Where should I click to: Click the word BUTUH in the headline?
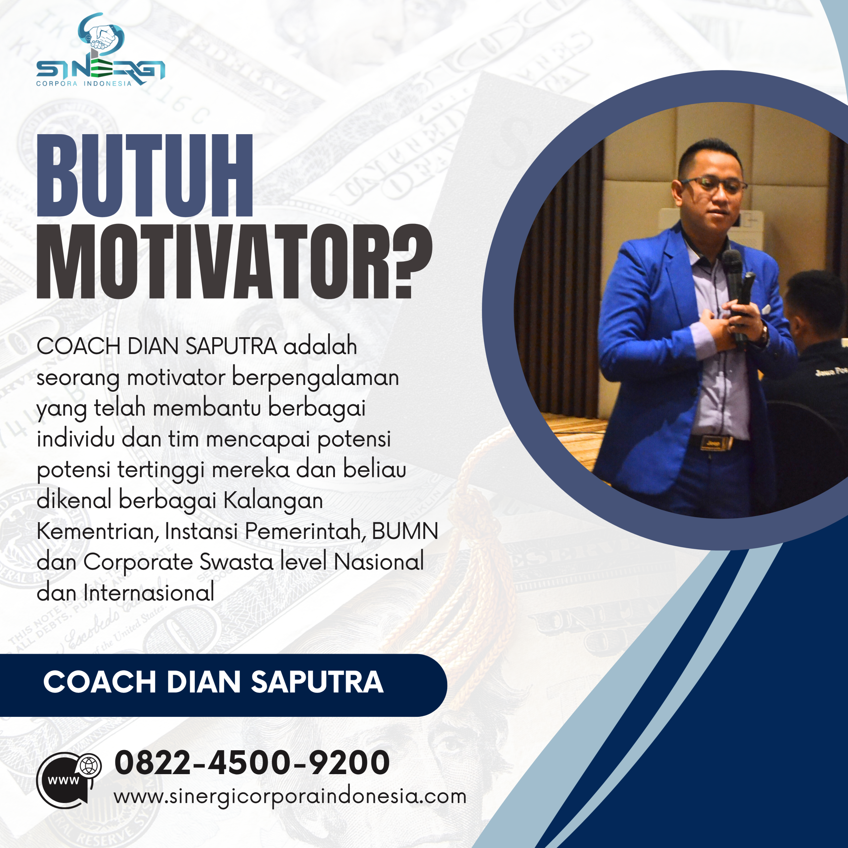145,176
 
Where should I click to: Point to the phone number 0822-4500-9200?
252,763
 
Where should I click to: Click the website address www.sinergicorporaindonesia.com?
290,796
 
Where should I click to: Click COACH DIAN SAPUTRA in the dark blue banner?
213,682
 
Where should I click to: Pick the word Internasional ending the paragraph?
149,593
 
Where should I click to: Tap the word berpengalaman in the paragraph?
315,378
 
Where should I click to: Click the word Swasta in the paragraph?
237,562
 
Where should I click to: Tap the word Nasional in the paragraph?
379,562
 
